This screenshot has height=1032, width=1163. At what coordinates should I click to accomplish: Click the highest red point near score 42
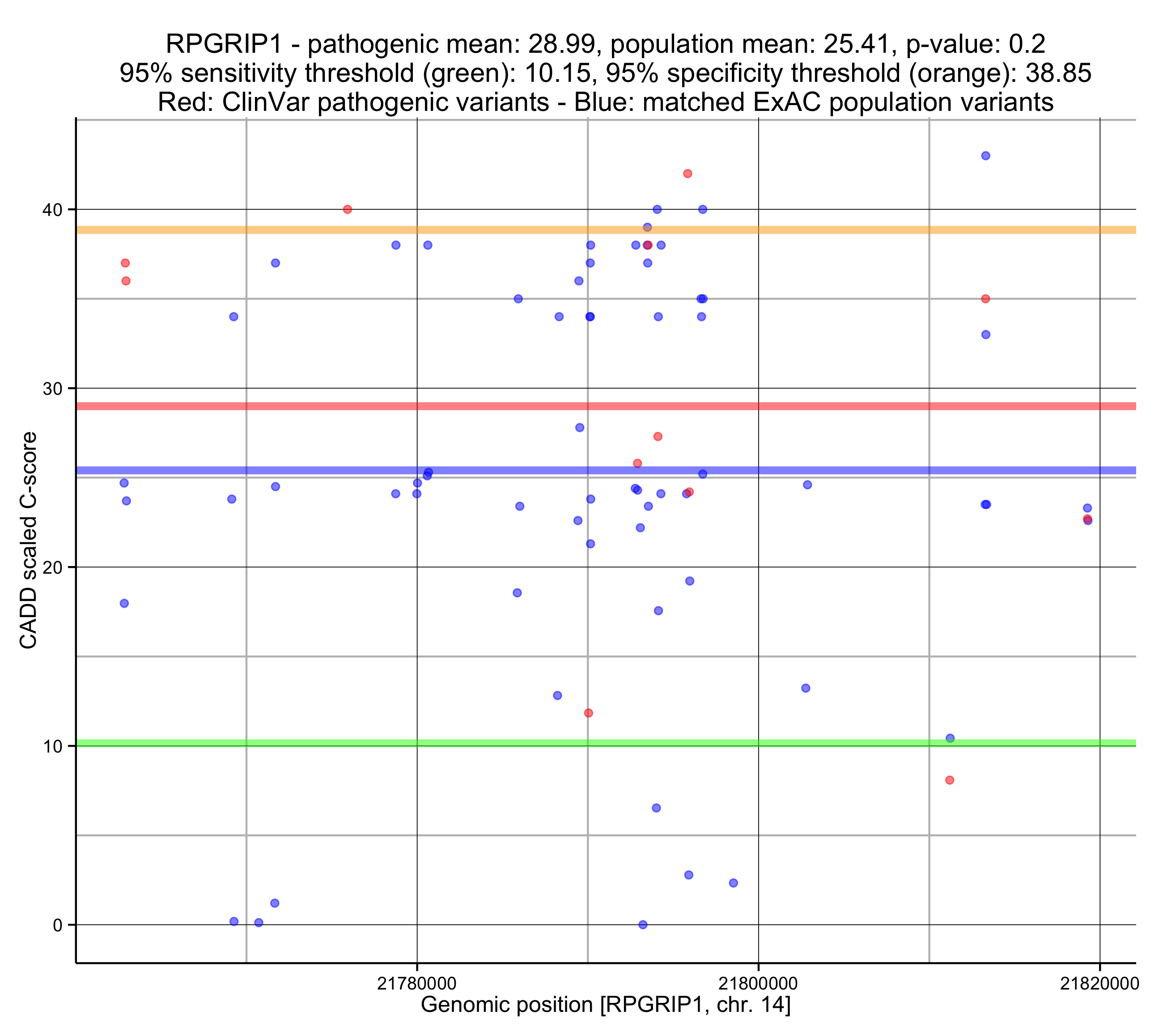(x=688, y=173)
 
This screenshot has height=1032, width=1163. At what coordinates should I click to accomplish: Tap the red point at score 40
(x=348, y=209)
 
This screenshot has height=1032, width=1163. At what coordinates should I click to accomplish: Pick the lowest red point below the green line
(x=950, y=780)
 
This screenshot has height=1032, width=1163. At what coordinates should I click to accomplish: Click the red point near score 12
(x=588, y=713)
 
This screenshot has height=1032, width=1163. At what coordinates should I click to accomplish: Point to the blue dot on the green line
(x=950, y=738)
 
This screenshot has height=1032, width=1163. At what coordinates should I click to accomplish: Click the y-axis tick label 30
(x=52, y=389)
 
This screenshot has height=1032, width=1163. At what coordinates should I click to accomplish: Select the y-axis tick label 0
(x=57, y=925)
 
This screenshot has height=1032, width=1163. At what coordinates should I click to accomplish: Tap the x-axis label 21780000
(x=416, y=983)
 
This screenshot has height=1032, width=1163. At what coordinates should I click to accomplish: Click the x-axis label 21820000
(x=1099, y=983)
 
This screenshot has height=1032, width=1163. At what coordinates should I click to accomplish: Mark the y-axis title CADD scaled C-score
(x=29, y=541)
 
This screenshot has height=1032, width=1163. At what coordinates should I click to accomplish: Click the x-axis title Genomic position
(x=605, y=1005)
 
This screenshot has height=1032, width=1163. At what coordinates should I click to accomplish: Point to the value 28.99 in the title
(x=561, y=44)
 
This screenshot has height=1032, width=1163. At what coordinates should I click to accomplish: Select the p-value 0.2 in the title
(x=1029, y=44)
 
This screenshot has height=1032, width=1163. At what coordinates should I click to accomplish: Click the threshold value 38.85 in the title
(x=1058, y=73)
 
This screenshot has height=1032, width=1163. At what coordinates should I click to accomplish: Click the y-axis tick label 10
(x=52, y=746)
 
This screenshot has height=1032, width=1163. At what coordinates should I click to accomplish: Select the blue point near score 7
(x=656, y=808)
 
